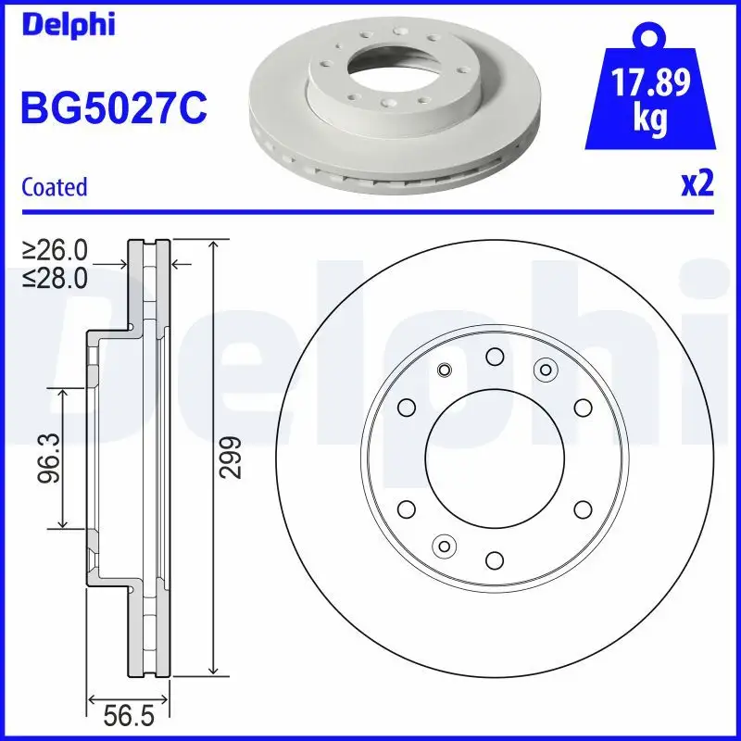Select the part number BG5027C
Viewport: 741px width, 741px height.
click(114, 107)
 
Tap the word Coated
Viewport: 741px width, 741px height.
click(54, 187)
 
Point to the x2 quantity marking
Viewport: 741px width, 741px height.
click(697, 184)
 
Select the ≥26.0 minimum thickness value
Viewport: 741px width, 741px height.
click(55, 250)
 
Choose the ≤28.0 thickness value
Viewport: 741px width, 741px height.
click(55, 276)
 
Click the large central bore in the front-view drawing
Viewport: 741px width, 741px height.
click(494, 458)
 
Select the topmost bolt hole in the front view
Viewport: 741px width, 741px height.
click(494, 357)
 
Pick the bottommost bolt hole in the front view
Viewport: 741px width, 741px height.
click(494, 559)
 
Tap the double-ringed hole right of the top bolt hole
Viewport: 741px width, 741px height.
click(545, 370)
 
